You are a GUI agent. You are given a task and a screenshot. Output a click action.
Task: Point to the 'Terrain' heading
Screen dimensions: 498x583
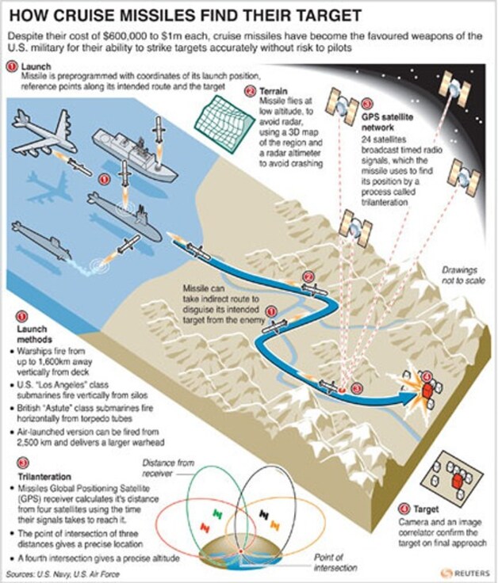point(274,91)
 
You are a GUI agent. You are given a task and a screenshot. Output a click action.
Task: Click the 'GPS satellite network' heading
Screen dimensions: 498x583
point(387,122)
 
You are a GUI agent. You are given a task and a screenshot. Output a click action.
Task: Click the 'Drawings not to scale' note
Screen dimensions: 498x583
point(463,275)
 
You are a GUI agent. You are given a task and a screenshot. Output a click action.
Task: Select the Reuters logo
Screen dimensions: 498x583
point(465,573)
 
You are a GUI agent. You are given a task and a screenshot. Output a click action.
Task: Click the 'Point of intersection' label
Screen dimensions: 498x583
point(335,562)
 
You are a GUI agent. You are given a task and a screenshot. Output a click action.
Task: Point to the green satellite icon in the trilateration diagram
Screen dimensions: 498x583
point(217,514)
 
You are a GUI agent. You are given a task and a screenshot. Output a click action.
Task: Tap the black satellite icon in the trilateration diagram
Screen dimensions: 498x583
point(264,514)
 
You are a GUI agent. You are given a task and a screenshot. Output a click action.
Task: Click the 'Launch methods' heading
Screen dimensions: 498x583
point(34,334)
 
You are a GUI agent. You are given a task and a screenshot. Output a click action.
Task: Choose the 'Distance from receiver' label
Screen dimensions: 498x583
point(168,468)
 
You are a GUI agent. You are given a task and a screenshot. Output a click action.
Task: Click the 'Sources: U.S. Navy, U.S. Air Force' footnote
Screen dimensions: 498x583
point(63,573)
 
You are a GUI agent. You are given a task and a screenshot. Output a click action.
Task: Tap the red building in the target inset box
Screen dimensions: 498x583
point(456,482)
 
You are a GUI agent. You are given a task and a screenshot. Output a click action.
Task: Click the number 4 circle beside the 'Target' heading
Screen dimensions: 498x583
point(403,509)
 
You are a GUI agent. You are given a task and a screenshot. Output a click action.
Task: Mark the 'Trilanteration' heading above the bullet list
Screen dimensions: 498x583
point(44,477)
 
